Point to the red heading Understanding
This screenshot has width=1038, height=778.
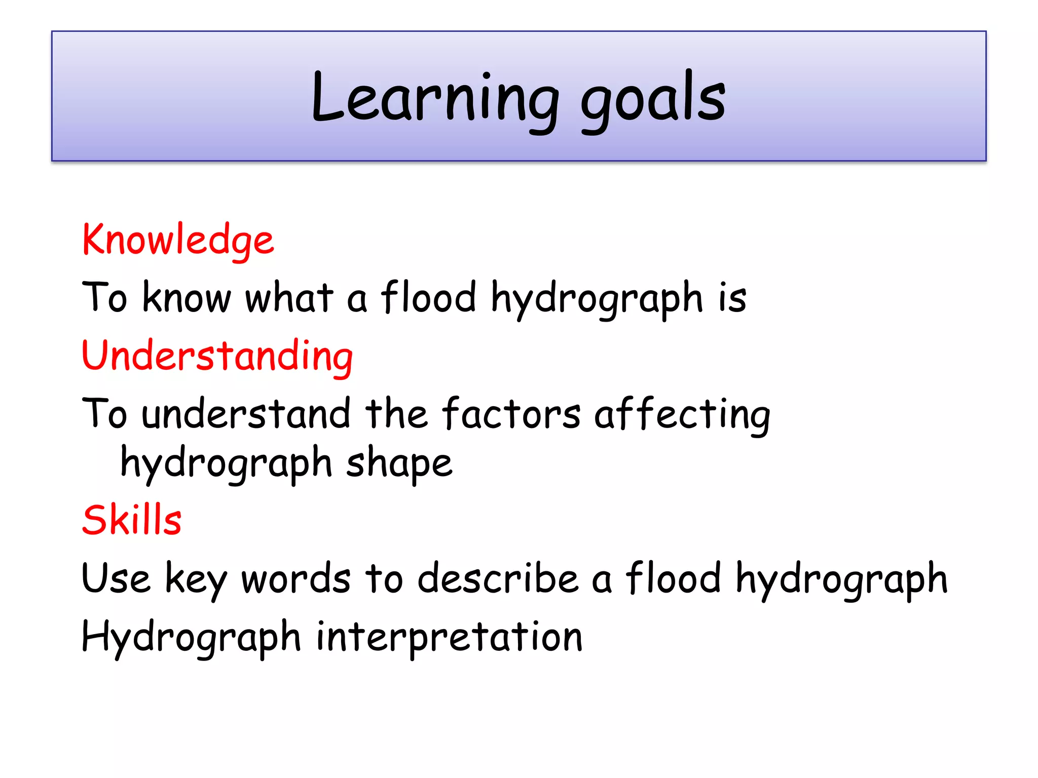tap(217, 356)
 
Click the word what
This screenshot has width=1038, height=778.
tap(289, 297)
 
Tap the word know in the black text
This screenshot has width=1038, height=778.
tap(187, 297)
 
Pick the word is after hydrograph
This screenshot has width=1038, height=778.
tap(732, 297)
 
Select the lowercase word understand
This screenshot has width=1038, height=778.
tap(246, 413)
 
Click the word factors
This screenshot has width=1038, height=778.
tap(511, 413)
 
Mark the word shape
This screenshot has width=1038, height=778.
tap(399, 463)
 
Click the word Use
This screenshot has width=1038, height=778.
tap(116, 578)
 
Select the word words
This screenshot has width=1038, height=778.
tap(296, 578)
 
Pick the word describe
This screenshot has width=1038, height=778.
tap(498, 578)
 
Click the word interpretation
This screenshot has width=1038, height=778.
tap(449, 637)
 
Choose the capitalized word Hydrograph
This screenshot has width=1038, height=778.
tap(191, 637)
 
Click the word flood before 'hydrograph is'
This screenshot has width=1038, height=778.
tap(429, 297)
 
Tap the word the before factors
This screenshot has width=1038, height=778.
tap(396, 413)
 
